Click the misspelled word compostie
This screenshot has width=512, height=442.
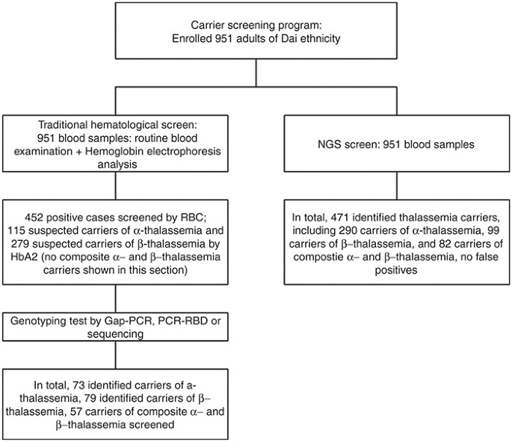pyautogui.click(x=323, y=257)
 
